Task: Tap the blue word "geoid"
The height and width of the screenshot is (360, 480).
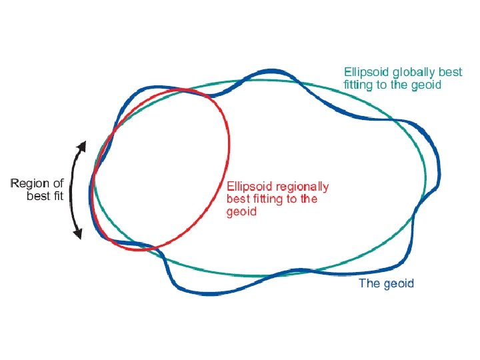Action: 399,283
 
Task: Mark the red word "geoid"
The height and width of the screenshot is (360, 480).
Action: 241,212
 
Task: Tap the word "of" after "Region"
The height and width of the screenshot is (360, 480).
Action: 58,183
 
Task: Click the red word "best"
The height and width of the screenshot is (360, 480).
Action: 238,199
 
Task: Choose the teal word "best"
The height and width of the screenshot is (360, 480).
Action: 449,71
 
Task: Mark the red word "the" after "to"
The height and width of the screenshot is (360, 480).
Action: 309,199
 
